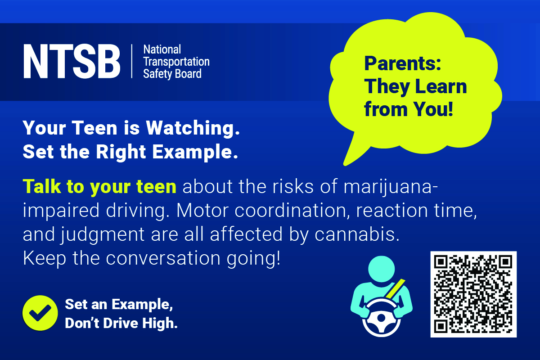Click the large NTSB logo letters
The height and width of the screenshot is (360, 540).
[x=72, y=61]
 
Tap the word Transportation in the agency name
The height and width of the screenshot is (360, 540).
[x=176, y=62]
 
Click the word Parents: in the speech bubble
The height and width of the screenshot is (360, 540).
[x=403, y=63]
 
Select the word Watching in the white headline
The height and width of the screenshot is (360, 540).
[x=193, y=128]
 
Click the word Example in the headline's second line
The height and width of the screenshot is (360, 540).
[x=195, y=153]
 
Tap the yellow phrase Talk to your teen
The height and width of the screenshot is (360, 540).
[x=99, y=187]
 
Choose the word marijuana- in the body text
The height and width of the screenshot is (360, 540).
[x=391, y=187]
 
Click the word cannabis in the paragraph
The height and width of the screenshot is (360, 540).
[x=357, y=234]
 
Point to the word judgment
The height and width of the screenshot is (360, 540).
[x=103, y=235]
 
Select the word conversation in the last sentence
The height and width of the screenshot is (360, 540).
[x=163, y=258]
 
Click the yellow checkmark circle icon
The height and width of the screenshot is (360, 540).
[x=40, y=313]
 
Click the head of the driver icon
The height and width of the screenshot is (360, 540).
[x=382, y=269]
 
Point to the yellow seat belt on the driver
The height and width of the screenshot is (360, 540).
[x=394, y=289]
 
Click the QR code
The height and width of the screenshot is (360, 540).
[x=473, y=294]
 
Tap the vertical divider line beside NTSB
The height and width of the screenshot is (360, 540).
[x=132, y=61]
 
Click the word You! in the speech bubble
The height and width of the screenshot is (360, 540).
[x=433, y=109]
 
